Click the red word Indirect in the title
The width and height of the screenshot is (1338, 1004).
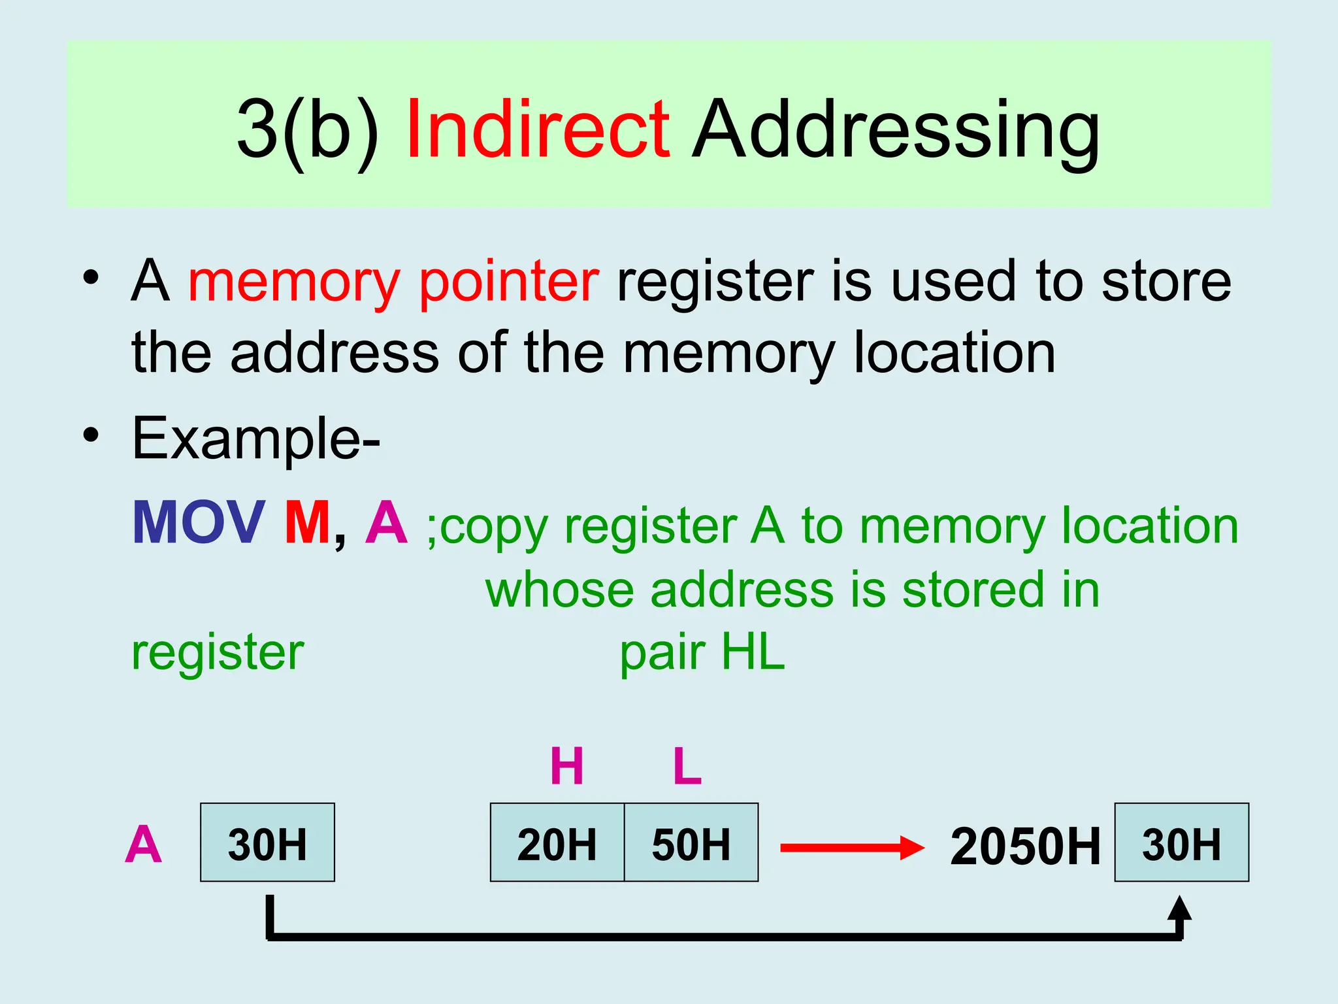[537, 129]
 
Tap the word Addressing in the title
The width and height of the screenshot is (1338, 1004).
[896, 129]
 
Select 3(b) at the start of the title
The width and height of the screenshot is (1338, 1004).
[308, 129]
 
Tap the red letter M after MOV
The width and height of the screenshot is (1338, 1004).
[307, 523]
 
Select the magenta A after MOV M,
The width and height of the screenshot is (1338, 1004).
[387, 523]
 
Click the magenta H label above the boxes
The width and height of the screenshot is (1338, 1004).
[566, 766]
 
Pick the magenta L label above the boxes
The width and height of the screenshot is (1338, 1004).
[687, 766]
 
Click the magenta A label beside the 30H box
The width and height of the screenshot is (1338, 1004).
[143, 845]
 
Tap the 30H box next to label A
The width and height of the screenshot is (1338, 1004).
[267, 843]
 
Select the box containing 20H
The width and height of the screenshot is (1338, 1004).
[557, 843]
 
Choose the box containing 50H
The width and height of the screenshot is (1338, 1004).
[691, 843]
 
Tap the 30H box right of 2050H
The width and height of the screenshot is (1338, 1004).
[1181, 843]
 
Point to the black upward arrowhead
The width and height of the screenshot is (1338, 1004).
[1179, 909]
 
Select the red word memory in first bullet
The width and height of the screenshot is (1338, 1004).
[294, 282]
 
